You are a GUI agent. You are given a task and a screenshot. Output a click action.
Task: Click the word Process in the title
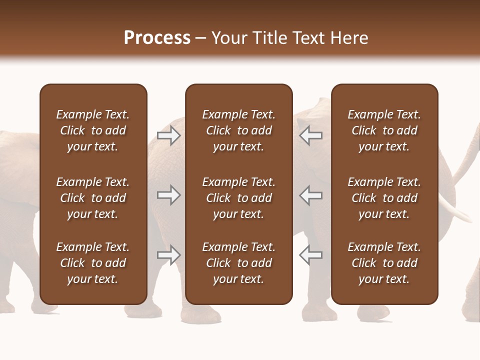coord(157,38)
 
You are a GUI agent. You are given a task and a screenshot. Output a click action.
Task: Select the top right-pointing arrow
coord(169,135)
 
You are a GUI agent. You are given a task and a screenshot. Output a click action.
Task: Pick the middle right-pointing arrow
coord(169,195)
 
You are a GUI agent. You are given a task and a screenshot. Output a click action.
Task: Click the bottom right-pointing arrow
coord(169,255)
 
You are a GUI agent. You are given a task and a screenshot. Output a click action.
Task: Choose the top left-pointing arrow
coord(311,135)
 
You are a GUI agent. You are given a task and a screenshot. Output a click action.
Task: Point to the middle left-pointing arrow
coord(311,195)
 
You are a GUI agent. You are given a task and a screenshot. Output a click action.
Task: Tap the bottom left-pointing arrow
coord(311,255)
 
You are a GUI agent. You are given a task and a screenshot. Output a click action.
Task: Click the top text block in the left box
coord(93,130)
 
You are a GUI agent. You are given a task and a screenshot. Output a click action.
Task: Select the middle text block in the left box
coord(93,198)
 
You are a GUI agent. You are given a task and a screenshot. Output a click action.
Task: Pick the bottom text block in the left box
coord(93,263)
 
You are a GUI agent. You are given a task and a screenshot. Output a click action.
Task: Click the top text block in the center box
coord(239,130)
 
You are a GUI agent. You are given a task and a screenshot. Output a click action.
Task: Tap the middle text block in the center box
coord(239,198)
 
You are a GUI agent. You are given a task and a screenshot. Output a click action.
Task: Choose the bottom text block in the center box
coord(239,263)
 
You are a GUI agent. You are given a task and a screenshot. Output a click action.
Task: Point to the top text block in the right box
coord(384,130)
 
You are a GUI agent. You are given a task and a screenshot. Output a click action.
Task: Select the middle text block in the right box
coord(384,198)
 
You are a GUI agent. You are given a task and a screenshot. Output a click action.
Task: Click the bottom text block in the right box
coord(384,263)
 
